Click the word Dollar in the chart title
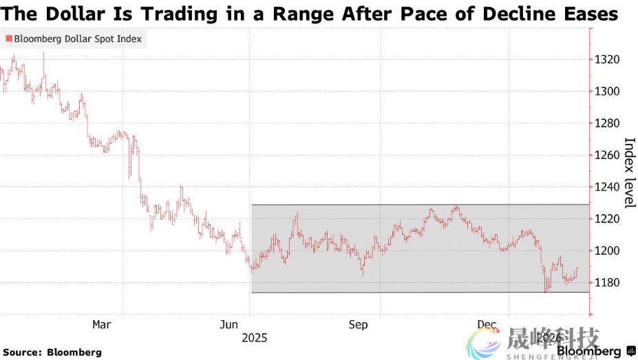click(72, 14)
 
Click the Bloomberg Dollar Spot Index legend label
click(78, 39)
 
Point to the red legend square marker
click(8, 39)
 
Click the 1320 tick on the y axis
click(608, 60)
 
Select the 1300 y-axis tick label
click(608, 92)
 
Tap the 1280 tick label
click(608, 123)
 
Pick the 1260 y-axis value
click(608, 155)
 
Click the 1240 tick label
click(608, 187)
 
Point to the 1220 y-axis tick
click(608, 219)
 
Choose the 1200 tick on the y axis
click(608, 251)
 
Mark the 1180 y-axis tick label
click(608, 282)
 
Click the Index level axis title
click(629, 173)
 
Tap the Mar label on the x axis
click(102, 324)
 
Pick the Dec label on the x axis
click(487, 324)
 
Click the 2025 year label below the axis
click(254, 338)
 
